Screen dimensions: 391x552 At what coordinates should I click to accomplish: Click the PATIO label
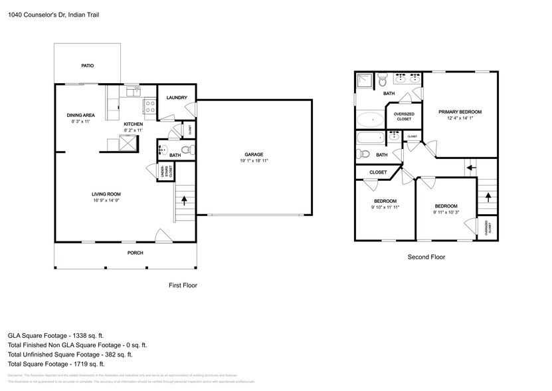tap(87, 66)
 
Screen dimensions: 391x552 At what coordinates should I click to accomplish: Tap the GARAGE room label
tap(254, 154)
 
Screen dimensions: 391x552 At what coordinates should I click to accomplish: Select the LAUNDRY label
tap(176, 98)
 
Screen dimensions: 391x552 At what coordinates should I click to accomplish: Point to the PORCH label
tap(135, 253)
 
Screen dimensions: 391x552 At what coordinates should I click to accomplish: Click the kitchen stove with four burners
tap(149, 104)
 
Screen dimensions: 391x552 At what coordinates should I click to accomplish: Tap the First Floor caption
tap(183, 285)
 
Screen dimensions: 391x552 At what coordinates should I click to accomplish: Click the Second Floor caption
tap(426, 257)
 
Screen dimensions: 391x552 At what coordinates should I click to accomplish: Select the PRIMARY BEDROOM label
tap(460, 112)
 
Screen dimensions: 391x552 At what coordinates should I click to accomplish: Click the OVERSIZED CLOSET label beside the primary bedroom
tap(405, 116)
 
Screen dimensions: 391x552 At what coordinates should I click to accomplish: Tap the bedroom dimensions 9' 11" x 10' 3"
tap(446, 213)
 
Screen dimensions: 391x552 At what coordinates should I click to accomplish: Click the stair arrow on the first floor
tap(185, 199)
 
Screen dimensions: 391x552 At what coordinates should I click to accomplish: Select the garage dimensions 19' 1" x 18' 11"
tap(254, 160)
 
